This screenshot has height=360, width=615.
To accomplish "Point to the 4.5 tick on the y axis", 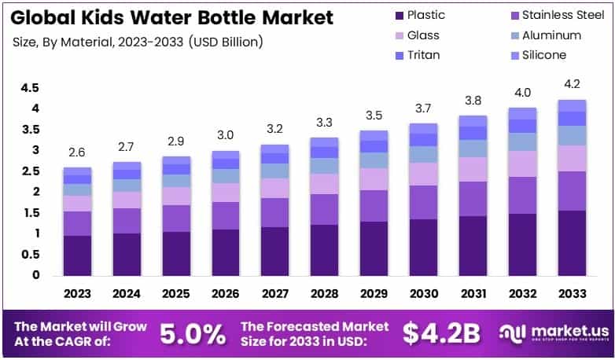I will pos(30,87).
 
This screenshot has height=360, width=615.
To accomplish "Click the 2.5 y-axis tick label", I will pos(30,171).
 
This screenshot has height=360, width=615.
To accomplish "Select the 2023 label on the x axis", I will pos(77,293).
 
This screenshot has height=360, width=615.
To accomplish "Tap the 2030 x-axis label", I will pos(424,293).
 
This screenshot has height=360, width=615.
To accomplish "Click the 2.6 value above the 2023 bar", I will pos(77,152).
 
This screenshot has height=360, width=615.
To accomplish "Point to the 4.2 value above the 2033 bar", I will pos(572,84).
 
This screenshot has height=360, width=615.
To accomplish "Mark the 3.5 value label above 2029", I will pos(374,115).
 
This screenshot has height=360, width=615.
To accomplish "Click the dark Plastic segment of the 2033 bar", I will pos(572,243).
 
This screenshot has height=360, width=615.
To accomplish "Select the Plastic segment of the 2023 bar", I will pos(77,255).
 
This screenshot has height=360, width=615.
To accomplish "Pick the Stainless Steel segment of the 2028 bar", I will pos(325,209).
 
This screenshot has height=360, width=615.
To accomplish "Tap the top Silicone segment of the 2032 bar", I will pos(522,113).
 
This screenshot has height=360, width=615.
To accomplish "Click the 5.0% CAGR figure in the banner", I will pos(193,333).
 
